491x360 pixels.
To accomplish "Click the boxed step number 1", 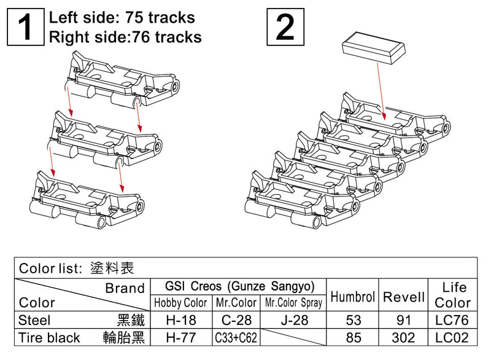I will pos(26,28).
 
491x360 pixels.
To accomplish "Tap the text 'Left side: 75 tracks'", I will pos(122,17).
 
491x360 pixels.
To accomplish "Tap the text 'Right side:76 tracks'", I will pos(125,37).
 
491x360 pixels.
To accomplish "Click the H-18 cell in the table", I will pos(181,320).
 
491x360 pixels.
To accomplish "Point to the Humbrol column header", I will pos(352,297).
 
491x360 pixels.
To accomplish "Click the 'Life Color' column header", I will pos(452,295).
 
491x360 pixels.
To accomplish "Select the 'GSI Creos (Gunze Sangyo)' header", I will pos(239,287).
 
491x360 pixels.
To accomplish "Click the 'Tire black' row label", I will pos(50,337).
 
